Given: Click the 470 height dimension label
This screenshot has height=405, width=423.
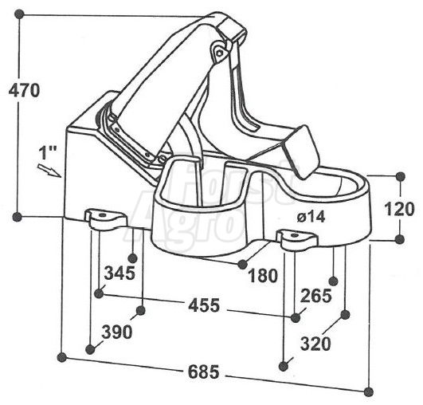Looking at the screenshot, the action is point(24,90).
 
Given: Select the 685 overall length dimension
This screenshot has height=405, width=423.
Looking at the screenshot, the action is point(203,372).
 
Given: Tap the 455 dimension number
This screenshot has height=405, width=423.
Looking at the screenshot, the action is point(204,305).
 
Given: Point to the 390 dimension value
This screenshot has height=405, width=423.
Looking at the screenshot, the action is point(117,332).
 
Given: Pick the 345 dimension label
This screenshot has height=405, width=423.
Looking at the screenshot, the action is point(119,273).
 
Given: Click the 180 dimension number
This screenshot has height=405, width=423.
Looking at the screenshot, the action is point(263,276).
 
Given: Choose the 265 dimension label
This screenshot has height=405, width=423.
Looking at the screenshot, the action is point(315,296).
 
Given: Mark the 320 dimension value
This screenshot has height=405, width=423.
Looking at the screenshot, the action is point(315,344).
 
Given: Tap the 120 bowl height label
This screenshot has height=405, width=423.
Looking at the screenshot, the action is point(399,209).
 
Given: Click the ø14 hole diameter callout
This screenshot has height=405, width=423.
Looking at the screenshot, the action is point(311,217).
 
